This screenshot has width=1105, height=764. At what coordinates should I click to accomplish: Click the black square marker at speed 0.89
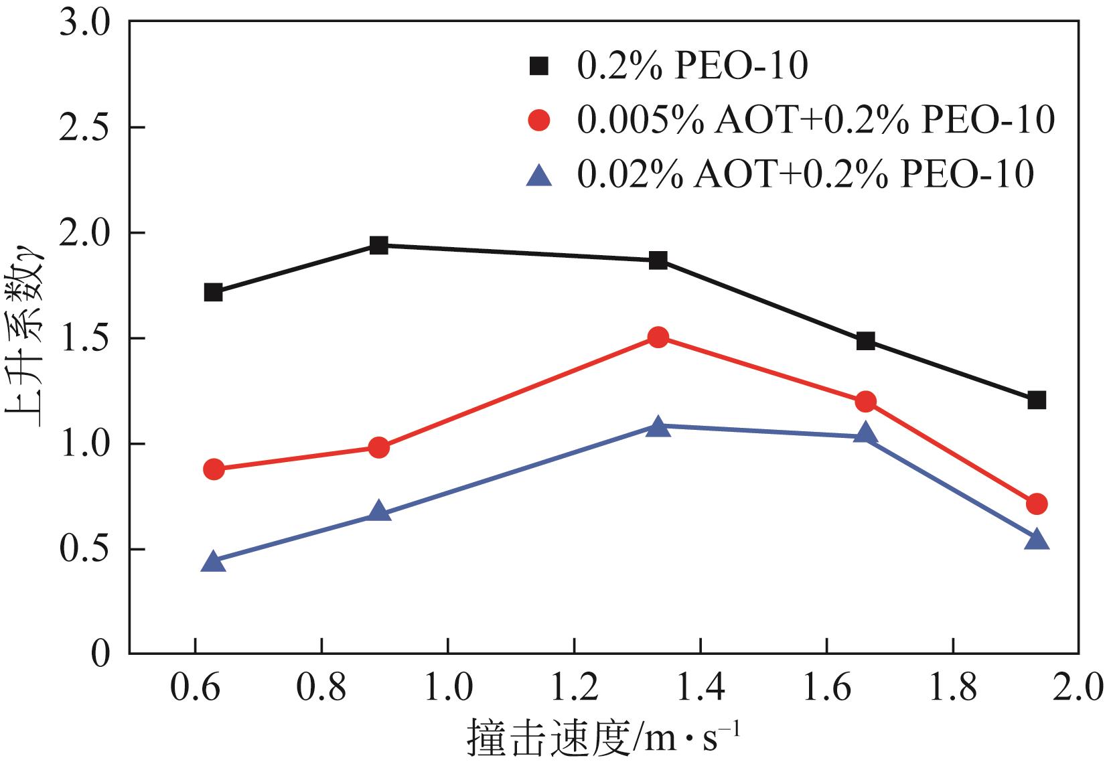(379, 245)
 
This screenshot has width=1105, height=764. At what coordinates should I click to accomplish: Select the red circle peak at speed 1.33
(658, 337)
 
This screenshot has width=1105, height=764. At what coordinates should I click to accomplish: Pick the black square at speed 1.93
(1037, 400)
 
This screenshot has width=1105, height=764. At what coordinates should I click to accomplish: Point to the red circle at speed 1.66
(865, 402)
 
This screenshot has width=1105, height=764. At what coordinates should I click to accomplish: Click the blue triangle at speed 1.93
(1037, 540)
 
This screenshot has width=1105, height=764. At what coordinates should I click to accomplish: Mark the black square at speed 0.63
(213, 292)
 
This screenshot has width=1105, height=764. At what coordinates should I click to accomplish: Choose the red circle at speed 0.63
(213, 469)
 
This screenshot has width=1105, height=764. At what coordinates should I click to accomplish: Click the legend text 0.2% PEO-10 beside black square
(692, 66)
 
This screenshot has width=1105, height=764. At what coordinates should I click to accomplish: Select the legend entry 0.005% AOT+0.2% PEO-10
(816, 121)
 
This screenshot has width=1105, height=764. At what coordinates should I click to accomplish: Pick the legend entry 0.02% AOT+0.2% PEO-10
(805, 174)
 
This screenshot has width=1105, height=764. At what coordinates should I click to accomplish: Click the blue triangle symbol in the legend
(538, 175)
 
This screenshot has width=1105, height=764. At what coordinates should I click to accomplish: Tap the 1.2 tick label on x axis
(574, 688)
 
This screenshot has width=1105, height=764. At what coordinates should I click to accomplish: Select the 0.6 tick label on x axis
(195, 688)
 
